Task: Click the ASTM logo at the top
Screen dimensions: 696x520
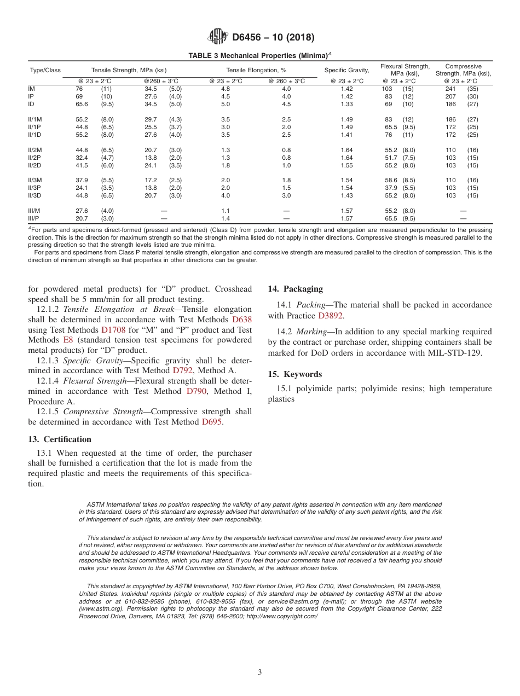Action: click(217, 37)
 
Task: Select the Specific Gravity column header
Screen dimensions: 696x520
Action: click(346, 70)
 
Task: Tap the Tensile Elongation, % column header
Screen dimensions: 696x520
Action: click(256, 70)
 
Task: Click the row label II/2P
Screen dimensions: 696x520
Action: click(34, 158)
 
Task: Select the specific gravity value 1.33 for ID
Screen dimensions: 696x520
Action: click(346, 104)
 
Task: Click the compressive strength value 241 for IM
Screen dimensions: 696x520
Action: click(450, 89)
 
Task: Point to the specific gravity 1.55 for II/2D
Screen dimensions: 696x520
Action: click(346, 165)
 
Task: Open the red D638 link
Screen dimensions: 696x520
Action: click(242, 320)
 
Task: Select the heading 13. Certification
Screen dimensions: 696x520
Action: click(60, 439)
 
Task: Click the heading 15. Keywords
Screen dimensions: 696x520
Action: click(294, 374)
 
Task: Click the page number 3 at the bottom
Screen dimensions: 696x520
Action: click(260, 672)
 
